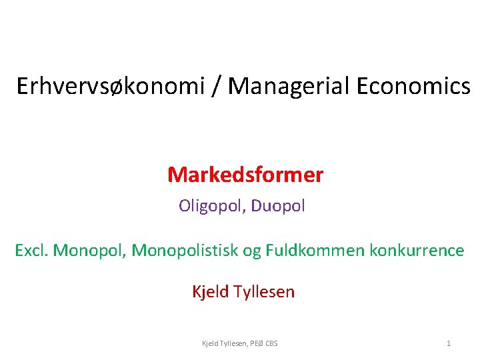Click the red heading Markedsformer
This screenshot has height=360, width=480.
[245, 175]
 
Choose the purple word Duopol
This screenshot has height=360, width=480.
[279, 206]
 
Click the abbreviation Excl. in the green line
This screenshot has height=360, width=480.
[31, 251]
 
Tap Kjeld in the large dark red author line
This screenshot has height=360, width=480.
[209, 292]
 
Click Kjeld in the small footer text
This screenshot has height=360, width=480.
[210, 343]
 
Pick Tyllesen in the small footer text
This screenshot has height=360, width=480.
[234, 343]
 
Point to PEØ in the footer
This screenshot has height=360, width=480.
[257, 343]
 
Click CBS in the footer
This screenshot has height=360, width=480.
[272, 343]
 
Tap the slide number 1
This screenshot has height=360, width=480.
[448, 343]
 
